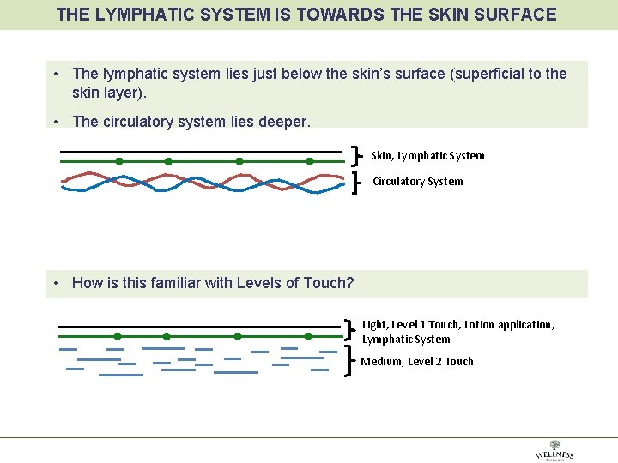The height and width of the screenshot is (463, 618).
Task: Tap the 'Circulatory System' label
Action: click(x=417, y=182)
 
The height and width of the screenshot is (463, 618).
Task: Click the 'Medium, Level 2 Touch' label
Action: click(x=417, y=362)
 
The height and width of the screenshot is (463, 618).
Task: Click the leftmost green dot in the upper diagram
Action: click(x=119, y=161)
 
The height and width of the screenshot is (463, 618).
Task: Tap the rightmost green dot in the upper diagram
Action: click(x=310, y=161)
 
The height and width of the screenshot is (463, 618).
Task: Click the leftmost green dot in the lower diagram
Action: click(x=118, y=336)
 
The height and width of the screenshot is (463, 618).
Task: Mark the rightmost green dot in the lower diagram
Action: click(x=308, y=336)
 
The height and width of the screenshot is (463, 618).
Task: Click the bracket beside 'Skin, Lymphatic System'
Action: click(x=356, y=156)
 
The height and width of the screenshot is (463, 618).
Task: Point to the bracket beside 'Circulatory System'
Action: click(x=356, y=183)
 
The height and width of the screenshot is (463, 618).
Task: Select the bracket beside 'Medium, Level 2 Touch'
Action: click(x=351, y=361)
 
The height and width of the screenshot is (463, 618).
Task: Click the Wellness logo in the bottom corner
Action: click(x=554, y=451)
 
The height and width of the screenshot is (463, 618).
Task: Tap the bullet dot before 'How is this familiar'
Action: click(x=55, y=283)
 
